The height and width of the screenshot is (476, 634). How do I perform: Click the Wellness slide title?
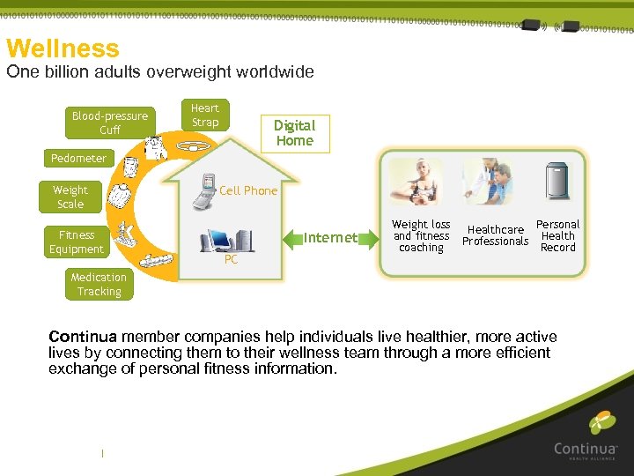(63, 48)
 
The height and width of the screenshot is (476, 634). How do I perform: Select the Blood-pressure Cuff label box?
(110, 123)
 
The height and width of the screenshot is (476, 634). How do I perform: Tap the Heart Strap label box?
(205, 115)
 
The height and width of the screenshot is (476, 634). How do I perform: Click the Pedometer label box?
(78, 159)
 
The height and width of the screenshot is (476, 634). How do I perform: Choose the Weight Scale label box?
(70, 197)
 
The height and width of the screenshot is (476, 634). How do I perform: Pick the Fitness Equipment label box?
(77, 242)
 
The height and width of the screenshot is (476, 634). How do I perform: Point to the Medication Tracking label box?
(99, 285)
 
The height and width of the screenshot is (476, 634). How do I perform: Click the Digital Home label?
(294, 133)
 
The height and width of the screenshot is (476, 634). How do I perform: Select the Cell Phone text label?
(248, 190)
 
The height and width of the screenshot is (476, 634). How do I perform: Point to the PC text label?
(231, 260)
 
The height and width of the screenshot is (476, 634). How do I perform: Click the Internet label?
(330, 237)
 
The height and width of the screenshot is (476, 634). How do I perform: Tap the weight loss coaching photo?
(417, 182)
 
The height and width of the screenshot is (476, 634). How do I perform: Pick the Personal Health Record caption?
(558, 236)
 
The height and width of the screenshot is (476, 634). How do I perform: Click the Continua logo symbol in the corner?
(601, 424)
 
